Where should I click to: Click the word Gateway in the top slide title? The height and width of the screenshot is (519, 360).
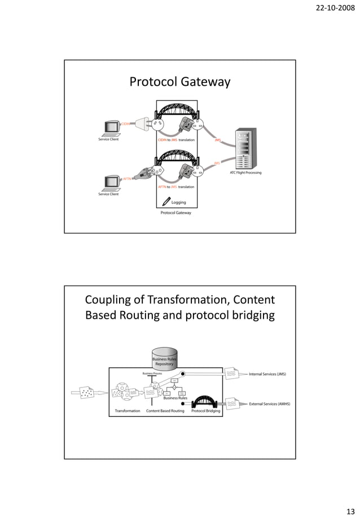(206, 82)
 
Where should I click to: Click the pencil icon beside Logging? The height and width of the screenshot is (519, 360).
(166, 201)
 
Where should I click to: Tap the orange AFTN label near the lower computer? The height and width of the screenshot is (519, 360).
(127, 178)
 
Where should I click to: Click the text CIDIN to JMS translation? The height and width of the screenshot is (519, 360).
(176, 139)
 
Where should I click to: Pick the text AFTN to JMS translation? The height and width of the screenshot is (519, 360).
(176, 187)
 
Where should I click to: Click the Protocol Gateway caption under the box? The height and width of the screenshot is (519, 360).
(176, 213)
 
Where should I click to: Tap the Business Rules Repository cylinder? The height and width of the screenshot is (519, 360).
(164, 358)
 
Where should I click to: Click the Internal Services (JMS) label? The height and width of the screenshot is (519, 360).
(267, 373)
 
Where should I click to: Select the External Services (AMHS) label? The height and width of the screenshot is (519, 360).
(269, 404)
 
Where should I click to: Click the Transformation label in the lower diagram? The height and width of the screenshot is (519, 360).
(128, 411)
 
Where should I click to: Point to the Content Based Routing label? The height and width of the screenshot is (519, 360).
(165, 411)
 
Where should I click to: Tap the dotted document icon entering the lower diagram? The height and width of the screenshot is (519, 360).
(88, 394)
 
